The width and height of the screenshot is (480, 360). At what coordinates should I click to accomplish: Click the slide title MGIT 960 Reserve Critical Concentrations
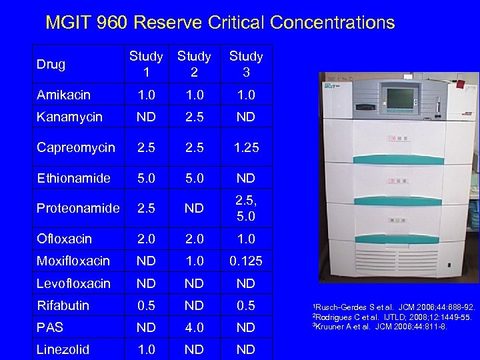pyautogui.click(x=220, y=23)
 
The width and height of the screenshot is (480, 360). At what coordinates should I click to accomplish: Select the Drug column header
pyautogui.click(x=51, y=65)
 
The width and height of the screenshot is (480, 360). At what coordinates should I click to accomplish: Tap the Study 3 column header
pyautogui.click(x=246, y=64)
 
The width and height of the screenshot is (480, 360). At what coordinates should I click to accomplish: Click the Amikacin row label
pyautogui.click(x=64, y=95)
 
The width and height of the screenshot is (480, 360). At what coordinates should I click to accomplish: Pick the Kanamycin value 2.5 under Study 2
pyautogui.click(x=194, y=117)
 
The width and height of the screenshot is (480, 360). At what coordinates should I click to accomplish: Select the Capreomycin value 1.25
pyautogui.click(x=246, y=147)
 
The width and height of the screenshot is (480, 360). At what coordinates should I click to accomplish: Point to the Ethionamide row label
pyautogui.click(x=69, y=178)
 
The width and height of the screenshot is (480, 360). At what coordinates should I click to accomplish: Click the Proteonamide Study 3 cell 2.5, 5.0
pyautogui.click(x=246, y=209)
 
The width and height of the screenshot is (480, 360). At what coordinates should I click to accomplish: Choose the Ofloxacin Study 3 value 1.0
pyautogui.click(x=246, y=239)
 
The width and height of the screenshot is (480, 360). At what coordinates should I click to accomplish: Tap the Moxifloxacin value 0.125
pyautogui.click(x=246, y=261)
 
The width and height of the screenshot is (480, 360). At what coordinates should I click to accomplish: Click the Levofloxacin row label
pyautogui.click(x=73, y=283)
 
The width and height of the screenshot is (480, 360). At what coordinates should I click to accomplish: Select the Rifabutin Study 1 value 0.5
pyautogui.click(x=146, y=305)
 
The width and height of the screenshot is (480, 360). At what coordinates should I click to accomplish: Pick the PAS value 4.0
pyautogui.click(x=194, y=327)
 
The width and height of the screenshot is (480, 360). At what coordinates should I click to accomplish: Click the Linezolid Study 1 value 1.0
pyautogui.click(x=146, y=349)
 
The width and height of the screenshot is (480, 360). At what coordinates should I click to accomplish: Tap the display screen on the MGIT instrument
pyautogui.click(x=401, y=98)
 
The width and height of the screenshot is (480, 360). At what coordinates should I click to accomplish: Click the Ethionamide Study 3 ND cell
pyautogui.click(x=246, y=178)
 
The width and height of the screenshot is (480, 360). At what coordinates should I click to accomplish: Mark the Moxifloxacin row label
pyautogui.click(x=73, y=261)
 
